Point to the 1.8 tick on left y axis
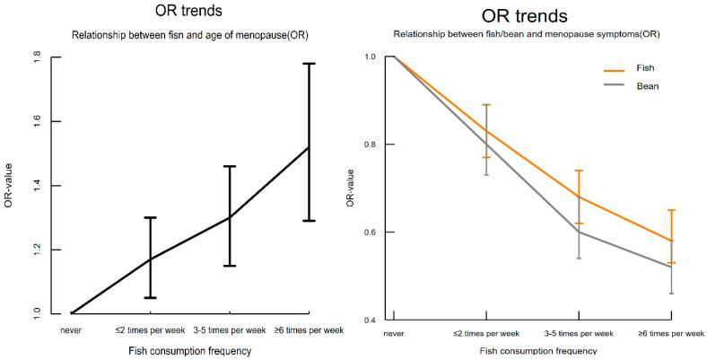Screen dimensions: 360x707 click(35, 57)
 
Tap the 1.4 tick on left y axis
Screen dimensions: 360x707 click(35, 186)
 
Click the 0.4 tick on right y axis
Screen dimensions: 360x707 click(368, 320)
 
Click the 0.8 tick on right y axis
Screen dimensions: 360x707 click(368, 144)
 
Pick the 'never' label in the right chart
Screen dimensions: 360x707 click(393, 333)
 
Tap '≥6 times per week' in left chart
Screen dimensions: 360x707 click(310, 330)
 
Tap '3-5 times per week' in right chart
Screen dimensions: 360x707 click(579, 333)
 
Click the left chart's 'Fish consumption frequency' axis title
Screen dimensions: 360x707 click(188, 351)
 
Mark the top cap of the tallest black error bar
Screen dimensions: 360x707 click(310, 64)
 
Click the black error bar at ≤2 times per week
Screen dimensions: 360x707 click(151, 258)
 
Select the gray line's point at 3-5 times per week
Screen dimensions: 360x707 click(579, 232)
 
